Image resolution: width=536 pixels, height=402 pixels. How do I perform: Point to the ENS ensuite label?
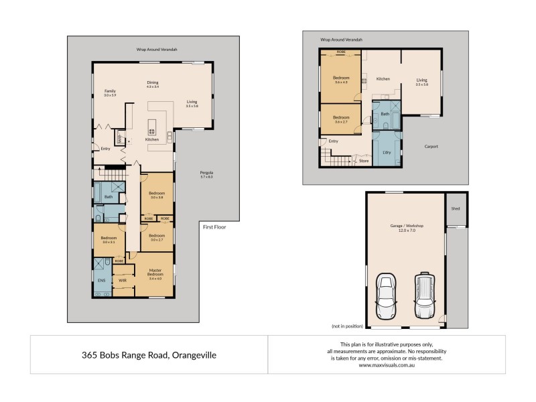point(102,280)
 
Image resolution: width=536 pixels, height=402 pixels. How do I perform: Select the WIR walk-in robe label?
point(123,280)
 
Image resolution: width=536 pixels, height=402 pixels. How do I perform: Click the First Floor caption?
point(214,227)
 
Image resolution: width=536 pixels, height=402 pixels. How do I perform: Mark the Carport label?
point(431,146)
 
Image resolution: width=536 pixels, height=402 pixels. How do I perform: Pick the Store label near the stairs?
point(364,161)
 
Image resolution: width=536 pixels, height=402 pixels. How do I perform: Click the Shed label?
point(456,208)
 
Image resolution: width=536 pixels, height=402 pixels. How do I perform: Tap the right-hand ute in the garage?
point(424,295)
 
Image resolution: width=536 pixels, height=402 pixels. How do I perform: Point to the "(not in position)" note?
point(347,326)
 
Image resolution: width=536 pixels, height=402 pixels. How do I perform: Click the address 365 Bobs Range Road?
point(149,354)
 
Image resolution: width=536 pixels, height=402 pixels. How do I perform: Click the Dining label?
point(153,82)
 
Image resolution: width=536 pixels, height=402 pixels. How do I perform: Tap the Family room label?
point(110,92)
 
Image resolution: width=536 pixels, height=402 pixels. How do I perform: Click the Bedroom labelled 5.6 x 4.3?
point(341,78)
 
